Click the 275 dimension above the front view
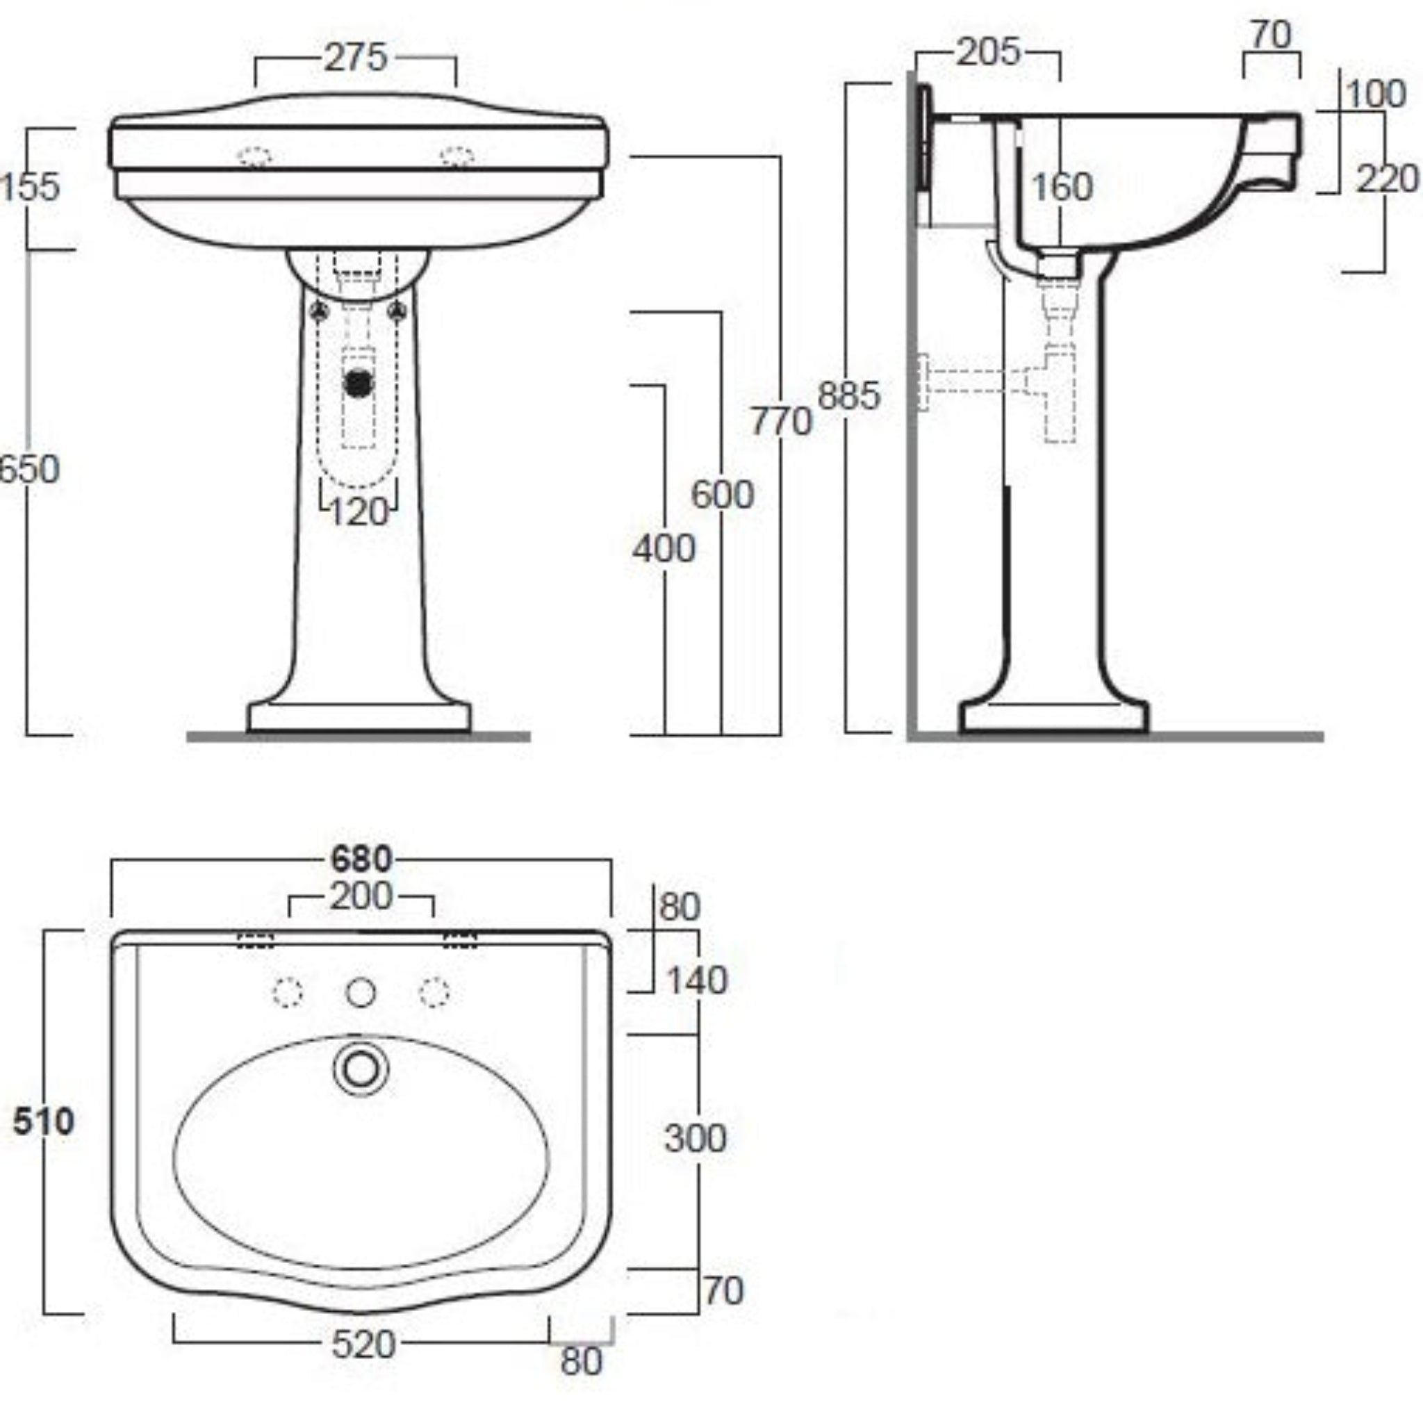click(356, 58)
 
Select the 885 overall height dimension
click(848, 395)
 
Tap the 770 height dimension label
click(780, 422)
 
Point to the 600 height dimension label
click(722, 494)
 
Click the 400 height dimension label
click(664, 549)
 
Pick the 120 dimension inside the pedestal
click(358, 512)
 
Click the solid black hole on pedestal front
click(359, 382)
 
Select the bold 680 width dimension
click(361, 859)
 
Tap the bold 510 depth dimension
click(44, 1121)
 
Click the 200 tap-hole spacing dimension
click(360, 897)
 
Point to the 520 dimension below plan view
click(363, 1345)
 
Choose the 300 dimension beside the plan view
click(695, 1138)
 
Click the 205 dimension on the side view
click(988, 52)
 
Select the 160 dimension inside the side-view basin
click(1060, 187)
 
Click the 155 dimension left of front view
click(29, 186)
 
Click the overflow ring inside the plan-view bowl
click(360, 1069)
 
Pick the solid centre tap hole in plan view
click(360, 992)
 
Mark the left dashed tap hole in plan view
click(287, 992)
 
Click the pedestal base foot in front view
click(359, 716)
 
